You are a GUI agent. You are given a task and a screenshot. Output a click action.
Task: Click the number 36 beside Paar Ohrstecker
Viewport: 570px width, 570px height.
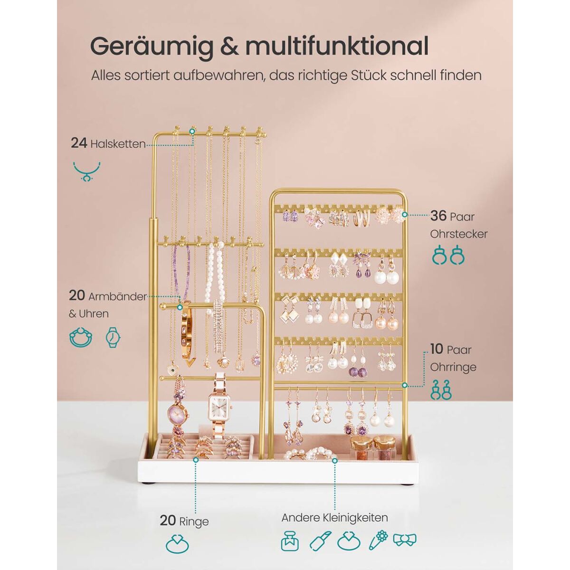438,216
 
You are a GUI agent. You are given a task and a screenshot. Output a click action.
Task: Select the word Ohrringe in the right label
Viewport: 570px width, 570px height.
453,368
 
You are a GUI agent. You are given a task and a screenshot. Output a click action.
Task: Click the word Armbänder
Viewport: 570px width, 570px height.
117,297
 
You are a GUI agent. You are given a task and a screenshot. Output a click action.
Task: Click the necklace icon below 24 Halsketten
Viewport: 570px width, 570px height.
86,171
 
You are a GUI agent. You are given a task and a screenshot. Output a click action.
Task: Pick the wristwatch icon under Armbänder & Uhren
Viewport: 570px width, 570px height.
113,337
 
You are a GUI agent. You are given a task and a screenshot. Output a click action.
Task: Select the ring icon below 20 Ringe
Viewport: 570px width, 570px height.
177,552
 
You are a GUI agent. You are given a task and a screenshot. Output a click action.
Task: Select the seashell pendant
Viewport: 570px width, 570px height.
222,361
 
